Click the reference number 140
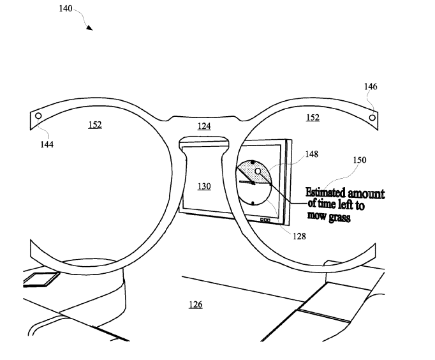[65, 10]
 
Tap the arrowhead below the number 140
[90, 27]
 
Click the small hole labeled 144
[38, 116]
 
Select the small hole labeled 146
[372, 116]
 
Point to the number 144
[46, 144]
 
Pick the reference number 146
[371, 86]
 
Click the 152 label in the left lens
[94, 125]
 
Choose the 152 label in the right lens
[313, 117]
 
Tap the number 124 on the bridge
[203, 126]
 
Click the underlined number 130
[203, 186]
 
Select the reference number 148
[312, 154]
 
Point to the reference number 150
[360, 160]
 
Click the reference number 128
[299, 236]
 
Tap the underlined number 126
[195, 304]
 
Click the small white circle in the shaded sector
[258, 172]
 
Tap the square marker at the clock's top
[253, 162]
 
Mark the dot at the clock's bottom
[253, 203]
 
